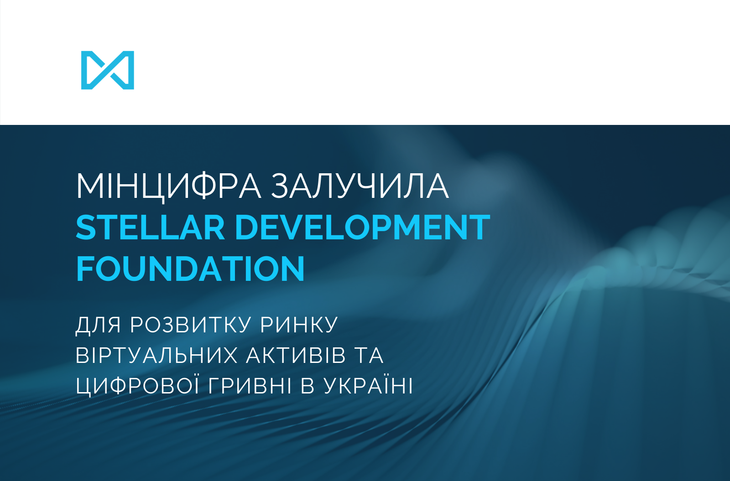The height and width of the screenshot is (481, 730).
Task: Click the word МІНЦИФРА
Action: click(168, 186)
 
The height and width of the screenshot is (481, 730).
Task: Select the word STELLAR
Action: click(150, 227)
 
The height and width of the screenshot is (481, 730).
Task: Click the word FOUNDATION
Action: click(190, 269)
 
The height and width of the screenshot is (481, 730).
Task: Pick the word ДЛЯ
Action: click(98, 325)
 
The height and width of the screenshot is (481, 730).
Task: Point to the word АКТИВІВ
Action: click(296, 355)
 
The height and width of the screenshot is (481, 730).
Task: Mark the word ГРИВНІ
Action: click(250, 386)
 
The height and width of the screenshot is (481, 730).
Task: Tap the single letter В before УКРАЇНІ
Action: click(308, 386)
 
